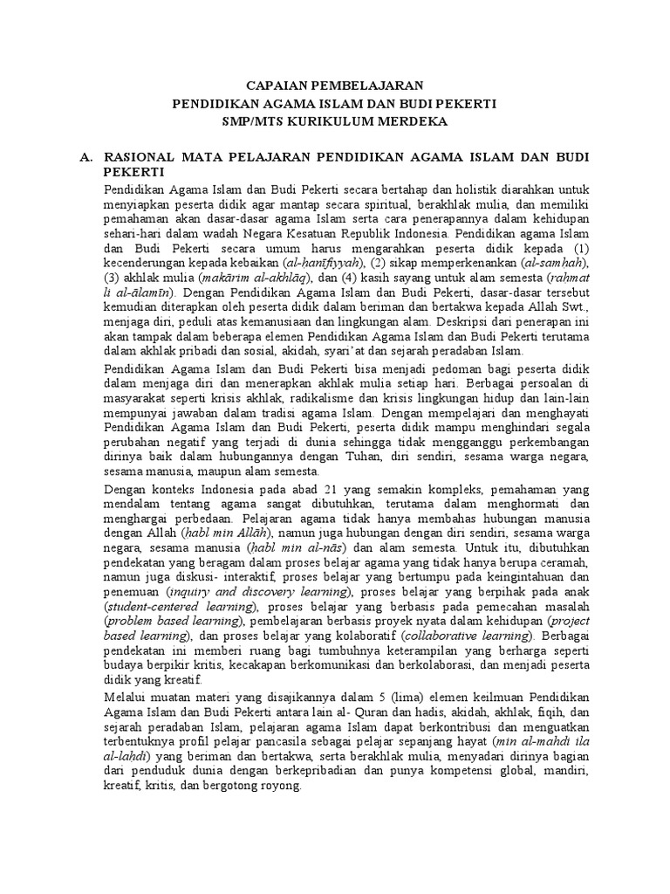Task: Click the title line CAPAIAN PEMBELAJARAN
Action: tap(335, 86)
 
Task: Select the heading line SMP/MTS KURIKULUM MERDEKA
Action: tap(335, 121)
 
